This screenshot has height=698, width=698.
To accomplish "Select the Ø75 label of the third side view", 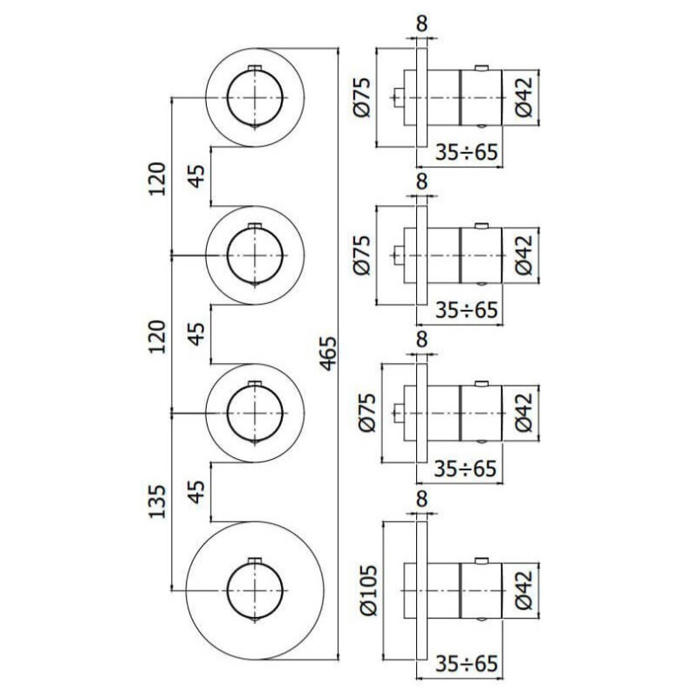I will (x=367, y=412).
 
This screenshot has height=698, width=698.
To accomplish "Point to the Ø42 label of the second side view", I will (x=522, y=256).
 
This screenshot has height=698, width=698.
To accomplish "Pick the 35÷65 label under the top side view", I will (x=468, y=153).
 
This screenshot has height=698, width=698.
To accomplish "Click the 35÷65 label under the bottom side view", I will (x=468, y=665).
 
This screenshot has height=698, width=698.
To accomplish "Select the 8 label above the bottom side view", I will (x=422, y=500).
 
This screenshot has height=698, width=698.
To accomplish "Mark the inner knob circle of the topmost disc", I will (x=255, y=96).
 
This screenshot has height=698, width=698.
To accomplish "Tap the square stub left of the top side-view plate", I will (x=398, y=97).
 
